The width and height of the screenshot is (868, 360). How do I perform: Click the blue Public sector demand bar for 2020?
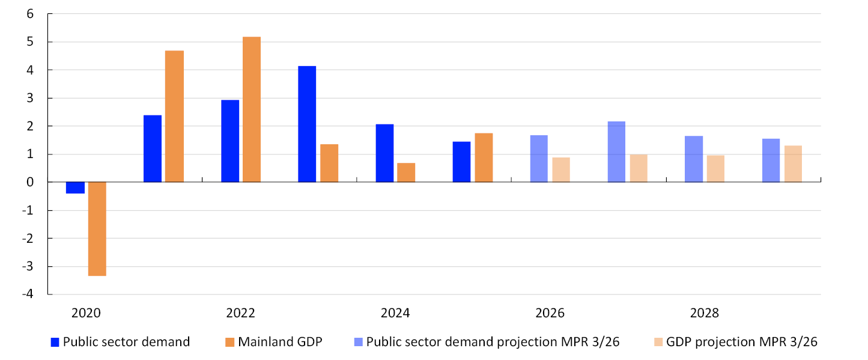tap(75, 188)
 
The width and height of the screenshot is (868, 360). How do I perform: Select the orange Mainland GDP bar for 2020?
tap(97, 228)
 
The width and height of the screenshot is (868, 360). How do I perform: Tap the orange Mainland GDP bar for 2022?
tap(252, 109)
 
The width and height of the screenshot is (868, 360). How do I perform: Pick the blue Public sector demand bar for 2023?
tap(307, 124)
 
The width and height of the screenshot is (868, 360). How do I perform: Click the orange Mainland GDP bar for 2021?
tap(174, 116)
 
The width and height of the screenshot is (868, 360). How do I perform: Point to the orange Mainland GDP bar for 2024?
tap(406, 172)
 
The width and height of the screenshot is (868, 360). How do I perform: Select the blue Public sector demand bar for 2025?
tap(461, 162)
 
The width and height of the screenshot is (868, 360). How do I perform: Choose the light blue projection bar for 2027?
tap(616, 151)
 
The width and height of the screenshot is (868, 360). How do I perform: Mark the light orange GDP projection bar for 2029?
tap(793, 163)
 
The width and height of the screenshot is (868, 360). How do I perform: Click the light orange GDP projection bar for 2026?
tap(561, 169)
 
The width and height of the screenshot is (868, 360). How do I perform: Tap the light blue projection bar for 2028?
tap(694, 159)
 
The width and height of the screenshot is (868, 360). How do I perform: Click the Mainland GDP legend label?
tap(280, 342)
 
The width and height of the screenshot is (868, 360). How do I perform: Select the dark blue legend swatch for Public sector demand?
tap(55, 342)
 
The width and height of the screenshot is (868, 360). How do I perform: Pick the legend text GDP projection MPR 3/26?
tap(742, 342)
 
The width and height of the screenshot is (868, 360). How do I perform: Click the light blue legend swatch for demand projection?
tap(359, 342)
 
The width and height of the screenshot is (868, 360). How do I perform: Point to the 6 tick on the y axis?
tap(30, 14)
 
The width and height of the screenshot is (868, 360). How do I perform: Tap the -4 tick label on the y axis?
tap(28, 294)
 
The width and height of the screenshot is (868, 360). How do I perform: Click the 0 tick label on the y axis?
tap(30, 182)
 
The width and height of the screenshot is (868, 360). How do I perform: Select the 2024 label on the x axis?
tap(395, 313)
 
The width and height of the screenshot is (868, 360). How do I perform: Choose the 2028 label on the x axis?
tap(705, 313)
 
